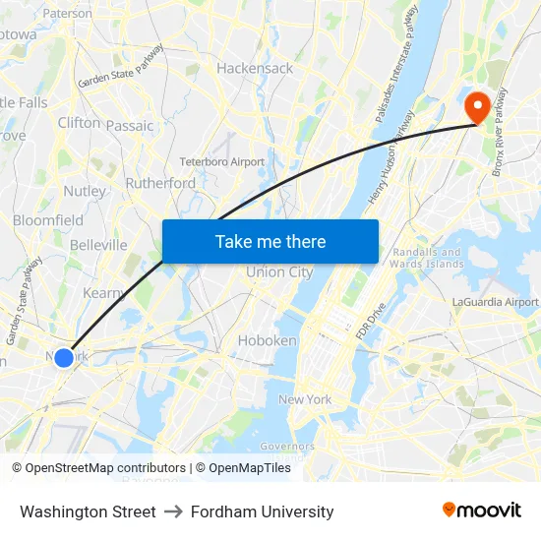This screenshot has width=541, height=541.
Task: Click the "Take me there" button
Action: [x=270, y=241]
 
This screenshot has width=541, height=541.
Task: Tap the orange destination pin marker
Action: [x=478, y=107]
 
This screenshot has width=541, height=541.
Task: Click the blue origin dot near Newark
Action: [x=64, y=357]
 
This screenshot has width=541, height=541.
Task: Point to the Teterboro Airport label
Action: [x=222, y=161]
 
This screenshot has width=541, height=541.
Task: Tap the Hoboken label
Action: [x=267, y=340]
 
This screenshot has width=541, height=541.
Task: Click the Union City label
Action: [x=279, y=272]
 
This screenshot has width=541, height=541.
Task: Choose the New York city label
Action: [x=305, y=399]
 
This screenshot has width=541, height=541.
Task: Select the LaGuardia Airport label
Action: [x=495, y=302]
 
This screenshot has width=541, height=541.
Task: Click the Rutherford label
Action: [x=160, y=183]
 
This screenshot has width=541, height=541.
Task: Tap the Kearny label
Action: [x=103, y=293]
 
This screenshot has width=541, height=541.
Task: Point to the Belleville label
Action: [x=98, y=245]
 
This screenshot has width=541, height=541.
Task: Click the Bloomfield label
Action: [x=48, y=220]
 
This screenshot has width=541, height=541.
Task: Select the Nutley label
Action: [x=84, y=191]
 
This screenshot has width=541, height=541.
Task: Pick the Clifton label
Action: [x=79, y=123]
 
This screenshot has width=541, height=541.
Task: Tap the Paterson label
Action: [x=67, y=14]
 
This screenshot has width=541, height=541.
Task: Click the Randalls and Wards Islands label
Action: [x=426, y=258]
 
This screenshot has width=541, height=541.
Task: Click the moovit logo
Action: [x=482, y=511]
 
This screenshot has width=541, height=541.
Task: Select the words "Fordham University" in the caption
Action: [x=263, y=511]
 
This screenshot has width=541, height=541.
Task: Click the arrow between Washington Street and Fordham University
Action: [x=173, y=511]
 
